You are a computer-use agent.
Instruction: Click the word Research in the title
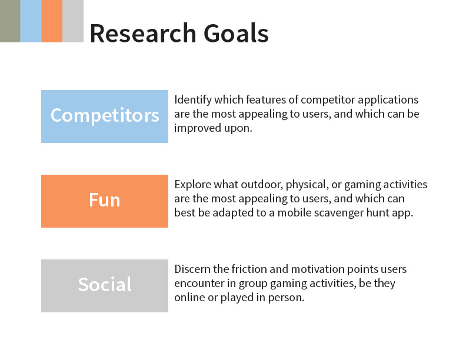click(143, 33)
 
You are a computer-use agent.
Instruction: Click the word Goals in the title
click(237, 33)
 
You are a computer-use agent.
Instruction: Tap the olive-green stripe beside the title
click(10, 21)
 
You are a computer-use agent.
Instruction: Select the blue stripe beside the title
click(31, 21)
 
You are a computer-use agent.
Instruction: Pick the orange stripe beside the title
click(52, 21)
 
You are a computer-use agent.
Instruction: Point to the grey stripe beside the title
click(73, 21)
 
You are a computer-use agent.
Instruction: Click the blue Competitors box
click(105, 116)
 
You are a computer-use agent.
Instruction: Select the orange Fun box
click(105, 201)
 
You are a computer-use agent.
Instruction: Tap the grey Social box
click(105, 286)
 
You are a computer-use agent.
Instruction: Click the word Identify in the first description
click(193, 100)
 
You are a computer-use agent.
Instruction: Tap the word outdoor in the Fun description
click(261, 185)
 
